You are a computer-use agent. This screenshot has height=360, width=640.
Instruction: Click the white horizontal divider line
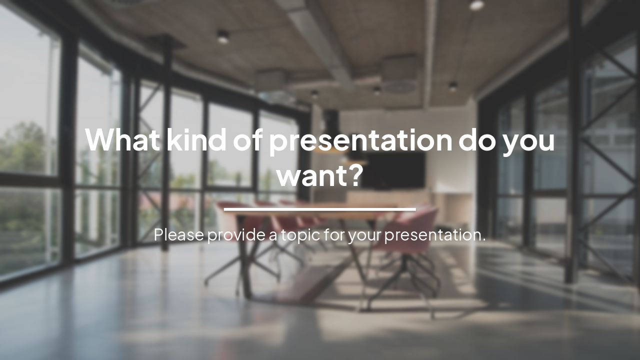[x=320, y=209]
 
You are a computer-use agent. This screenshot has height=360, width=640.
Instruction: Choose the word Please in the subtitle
[x=179, y=234]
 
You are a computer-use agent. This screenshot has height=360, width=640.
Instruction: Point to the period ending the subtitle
[x=484, y=239]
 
